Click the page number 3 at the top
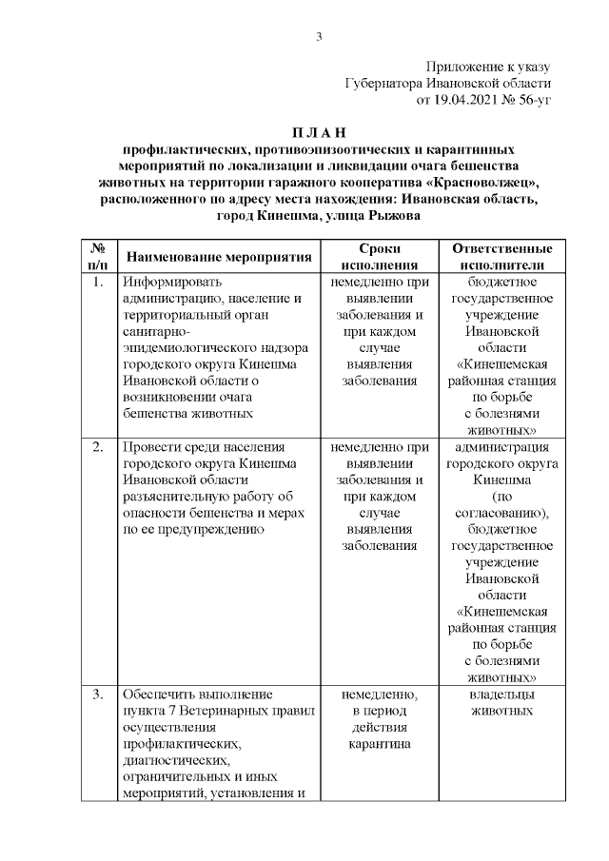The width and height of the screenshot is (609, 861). tap(320, 37)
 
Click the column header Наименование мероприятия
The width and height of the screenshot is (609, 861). tap(219, 257)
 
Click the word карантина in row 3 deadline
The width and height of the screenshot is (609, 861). tap(380, 744)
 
